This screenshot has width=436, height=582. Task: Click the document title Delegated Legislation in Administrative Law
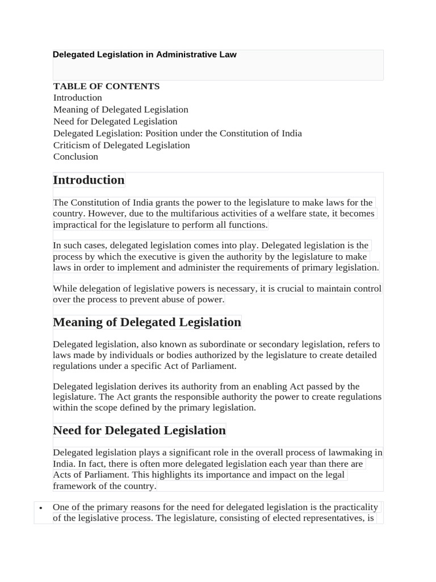coord(144,55)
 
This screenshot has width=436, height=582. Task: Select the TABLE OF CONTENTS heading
coord(106,86)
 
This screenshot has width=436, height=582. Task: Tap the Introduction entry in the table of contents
coord(77,98)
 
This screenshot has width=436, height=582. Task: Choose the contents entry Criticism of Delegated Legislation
coord(121,145)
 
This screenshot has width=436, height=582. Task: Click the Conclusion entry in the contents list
coord(76,156)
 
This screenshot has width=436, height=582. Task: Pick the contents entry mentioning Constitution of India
coord(177,133)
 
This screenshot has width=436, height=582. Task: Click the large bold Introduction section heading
coord(89,180)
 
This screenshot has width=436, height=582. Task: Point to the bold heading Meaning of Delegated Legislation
coord(146,322)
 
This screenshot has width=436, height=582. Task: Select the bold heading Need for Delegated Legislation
coord(139,431)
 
